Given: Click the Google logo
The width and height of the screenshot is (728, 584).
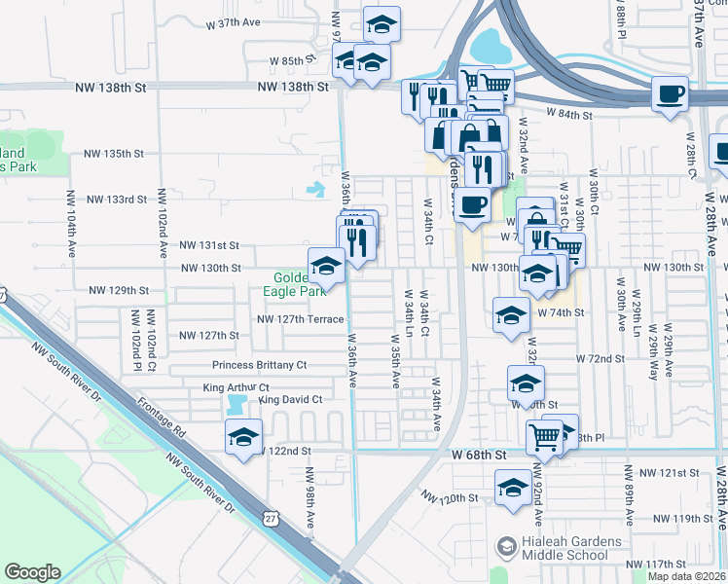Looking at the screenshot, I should point(32,572).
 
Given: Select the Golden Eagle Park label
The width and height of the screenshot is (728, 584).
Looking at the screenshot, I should point(299,283).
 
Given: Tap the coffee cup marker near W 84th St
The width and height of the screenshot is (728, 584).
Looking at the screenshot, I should point(670,95).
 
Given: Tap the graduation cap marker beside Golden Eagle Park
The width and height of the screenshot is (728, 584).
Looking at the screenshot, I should point(326,266).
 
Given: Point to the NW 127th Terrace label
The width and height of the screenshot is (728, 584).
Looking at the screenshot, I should point(300,319).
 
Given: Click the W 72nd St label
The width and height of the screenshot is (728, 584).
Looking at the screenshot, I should point(600,359).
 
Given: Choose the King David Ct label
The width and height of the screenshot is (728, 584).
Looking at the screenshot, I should point(290,399).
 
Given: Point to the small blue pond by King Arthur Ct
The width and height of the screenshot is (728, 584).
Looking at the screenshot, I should point(237,402).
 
